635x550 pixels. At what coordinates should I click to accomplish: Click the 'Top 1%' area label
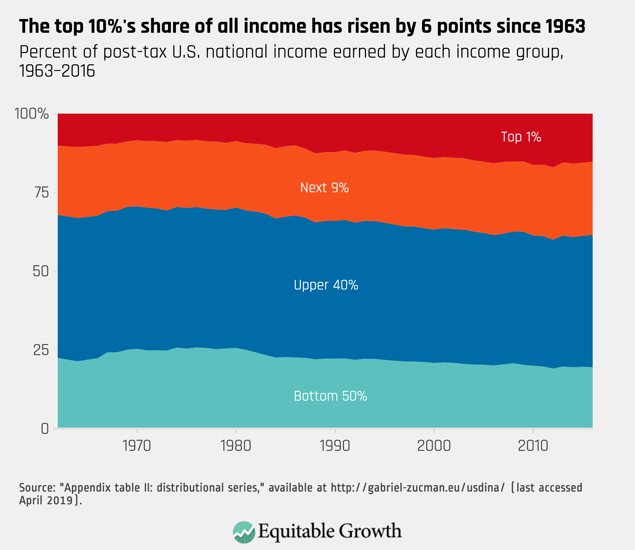point(521,137)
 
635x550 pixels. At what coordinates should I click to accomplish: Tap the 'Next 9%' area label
point(324,187)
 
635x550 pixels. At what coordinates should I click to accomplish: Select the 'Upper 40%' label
point(326,285)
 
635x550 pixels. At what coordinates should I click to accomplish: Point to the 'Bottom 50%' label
point(330,396)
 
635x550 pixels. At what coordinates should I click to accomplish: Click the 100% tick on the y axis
point(32,114)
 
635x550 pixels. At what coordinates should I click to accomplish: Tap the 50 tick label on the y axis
point(41,272)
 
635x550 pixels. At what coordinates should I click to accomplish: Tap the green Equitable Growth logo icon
point(244,532)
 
